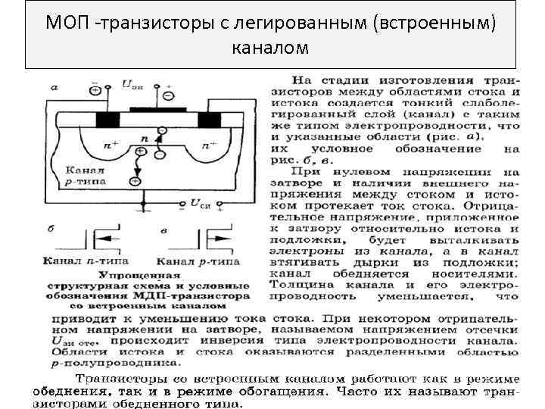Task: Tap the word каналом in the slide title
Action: click(x=270, y=48)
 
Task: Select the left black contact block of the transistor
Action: click(x=107, y=120)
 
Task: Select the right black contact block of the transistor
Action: click(x=209, y=120)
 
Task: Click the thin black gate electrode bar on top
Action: click(x=159, y=111)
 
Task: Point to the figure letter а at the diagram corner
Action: click(x=54, y=87)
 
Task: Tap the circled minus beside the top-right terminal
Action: click(x=167, y=96)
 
